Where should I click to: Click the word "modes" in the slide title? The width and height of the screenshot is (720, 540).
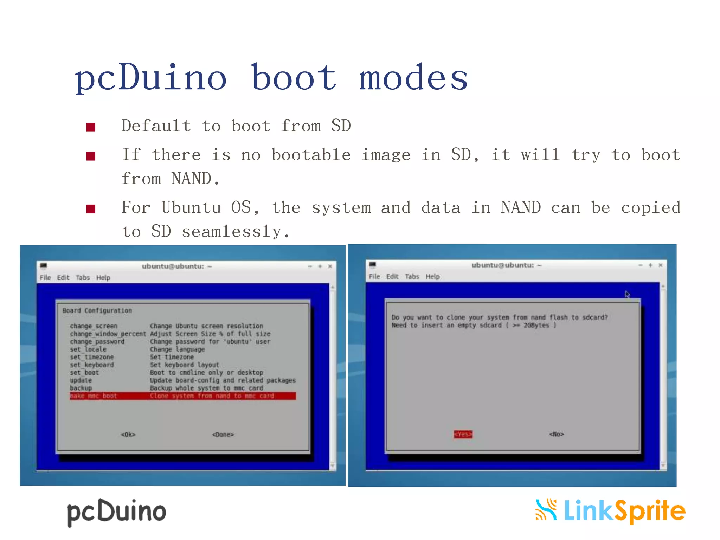point(413,78)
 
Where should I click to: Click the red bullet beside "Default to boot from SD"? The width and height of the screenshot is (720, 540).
point(91,127)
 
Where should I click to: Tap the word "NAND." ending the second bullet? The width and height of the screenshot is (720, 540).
point(195,179)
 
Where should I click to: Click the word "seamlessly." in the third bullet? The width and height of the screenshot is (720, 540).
point(236,232)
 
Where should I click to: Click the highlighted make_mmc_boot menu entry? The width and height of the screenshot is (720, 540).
point(93,396)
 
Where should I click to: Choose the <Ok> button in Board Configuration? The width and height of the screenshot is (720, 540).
point(128,435)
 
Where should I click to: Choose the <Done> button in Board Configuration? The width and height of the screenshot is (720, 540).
point(223,435)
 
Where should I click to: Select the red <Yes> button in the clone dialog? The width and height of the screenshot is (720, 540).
point(463,434)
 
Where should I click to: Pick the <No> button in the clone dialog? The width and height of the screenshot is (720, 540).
point(557,434)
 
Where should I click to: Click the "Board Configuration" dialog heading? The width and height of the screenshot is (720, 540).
point(97,310)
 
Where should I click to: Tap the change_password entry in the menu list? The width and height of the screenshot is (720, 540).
point(97,341)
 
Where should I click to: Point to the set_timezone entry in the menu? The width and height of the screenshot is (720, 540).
point(92,357)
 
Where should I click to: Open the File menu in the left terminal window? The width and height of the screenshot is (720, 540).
point(45,277)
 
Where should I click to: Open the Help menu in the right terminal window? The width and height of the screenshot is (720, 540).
point(432,276)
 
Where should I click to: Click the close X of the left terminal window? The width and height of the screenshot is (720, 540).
point(330,266)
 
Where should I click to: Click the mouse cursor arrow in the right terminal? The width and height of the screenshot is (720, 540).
point(628,294)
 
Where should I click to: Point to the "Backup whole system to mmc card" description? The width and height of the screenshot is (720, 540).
point(206,388)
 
